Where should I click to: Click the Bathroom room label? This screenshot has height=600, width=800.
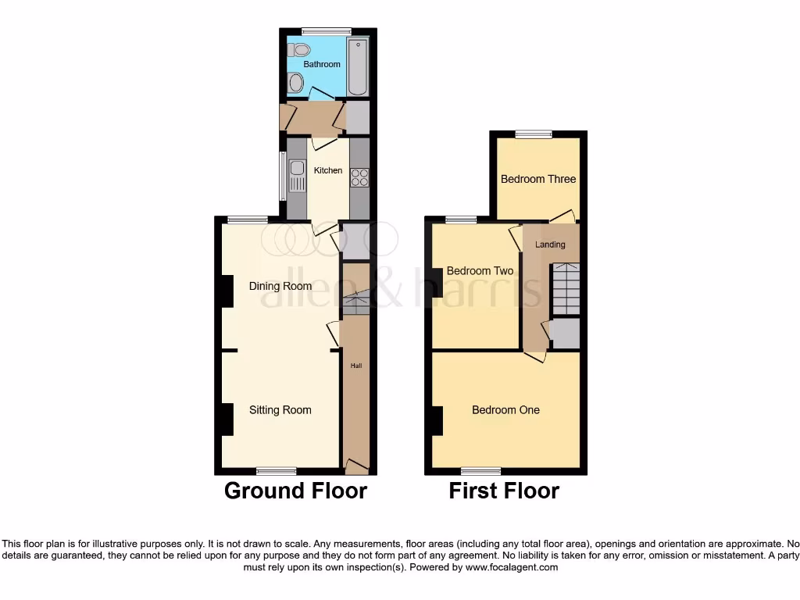tap(322, 64)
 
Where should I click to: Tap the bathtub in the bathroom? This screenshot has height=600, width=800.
tap(358, 66)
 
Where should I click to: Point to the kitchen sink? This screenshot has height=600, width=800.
tap(296, 176)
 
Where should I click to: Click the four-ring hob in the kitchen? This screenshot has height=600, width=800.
tap(359, 177)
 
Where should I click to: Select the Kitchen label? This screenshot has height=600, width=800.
tap(328, 170)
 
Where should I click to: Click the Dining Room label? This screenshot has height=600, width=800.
tap(280, 286)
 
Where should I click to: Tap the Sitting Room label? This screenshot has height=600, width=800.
tap(280, 410)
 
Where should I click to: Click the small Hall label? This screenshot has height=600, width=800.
tap(355, 366)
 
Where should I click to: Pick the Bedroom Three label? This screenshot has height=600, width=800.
tap(538, 179)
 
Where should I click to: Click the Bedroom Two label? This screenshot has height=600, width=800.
tap(480, 271)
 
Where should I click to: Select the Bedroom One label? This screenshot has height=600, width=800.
tap(505, 410)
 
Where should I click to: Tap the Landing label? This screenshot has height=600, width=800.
tap(550, 245)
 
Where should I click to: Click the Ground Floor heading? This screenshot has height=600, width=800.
tap(295, 491)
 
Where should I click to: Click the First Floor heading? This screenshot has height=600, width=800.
tap(504, 491)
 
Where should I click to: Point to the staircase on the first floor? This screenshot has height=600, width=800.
tap(566, 289)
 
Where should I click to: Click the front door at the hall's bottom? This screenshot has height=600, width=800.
tap(357, 467)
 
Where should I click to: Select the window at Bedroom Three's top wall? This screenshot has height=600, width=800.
tap(534, 134)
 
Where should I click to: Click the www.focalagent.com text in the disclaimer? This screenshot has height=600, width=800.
tap(512, 568)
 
